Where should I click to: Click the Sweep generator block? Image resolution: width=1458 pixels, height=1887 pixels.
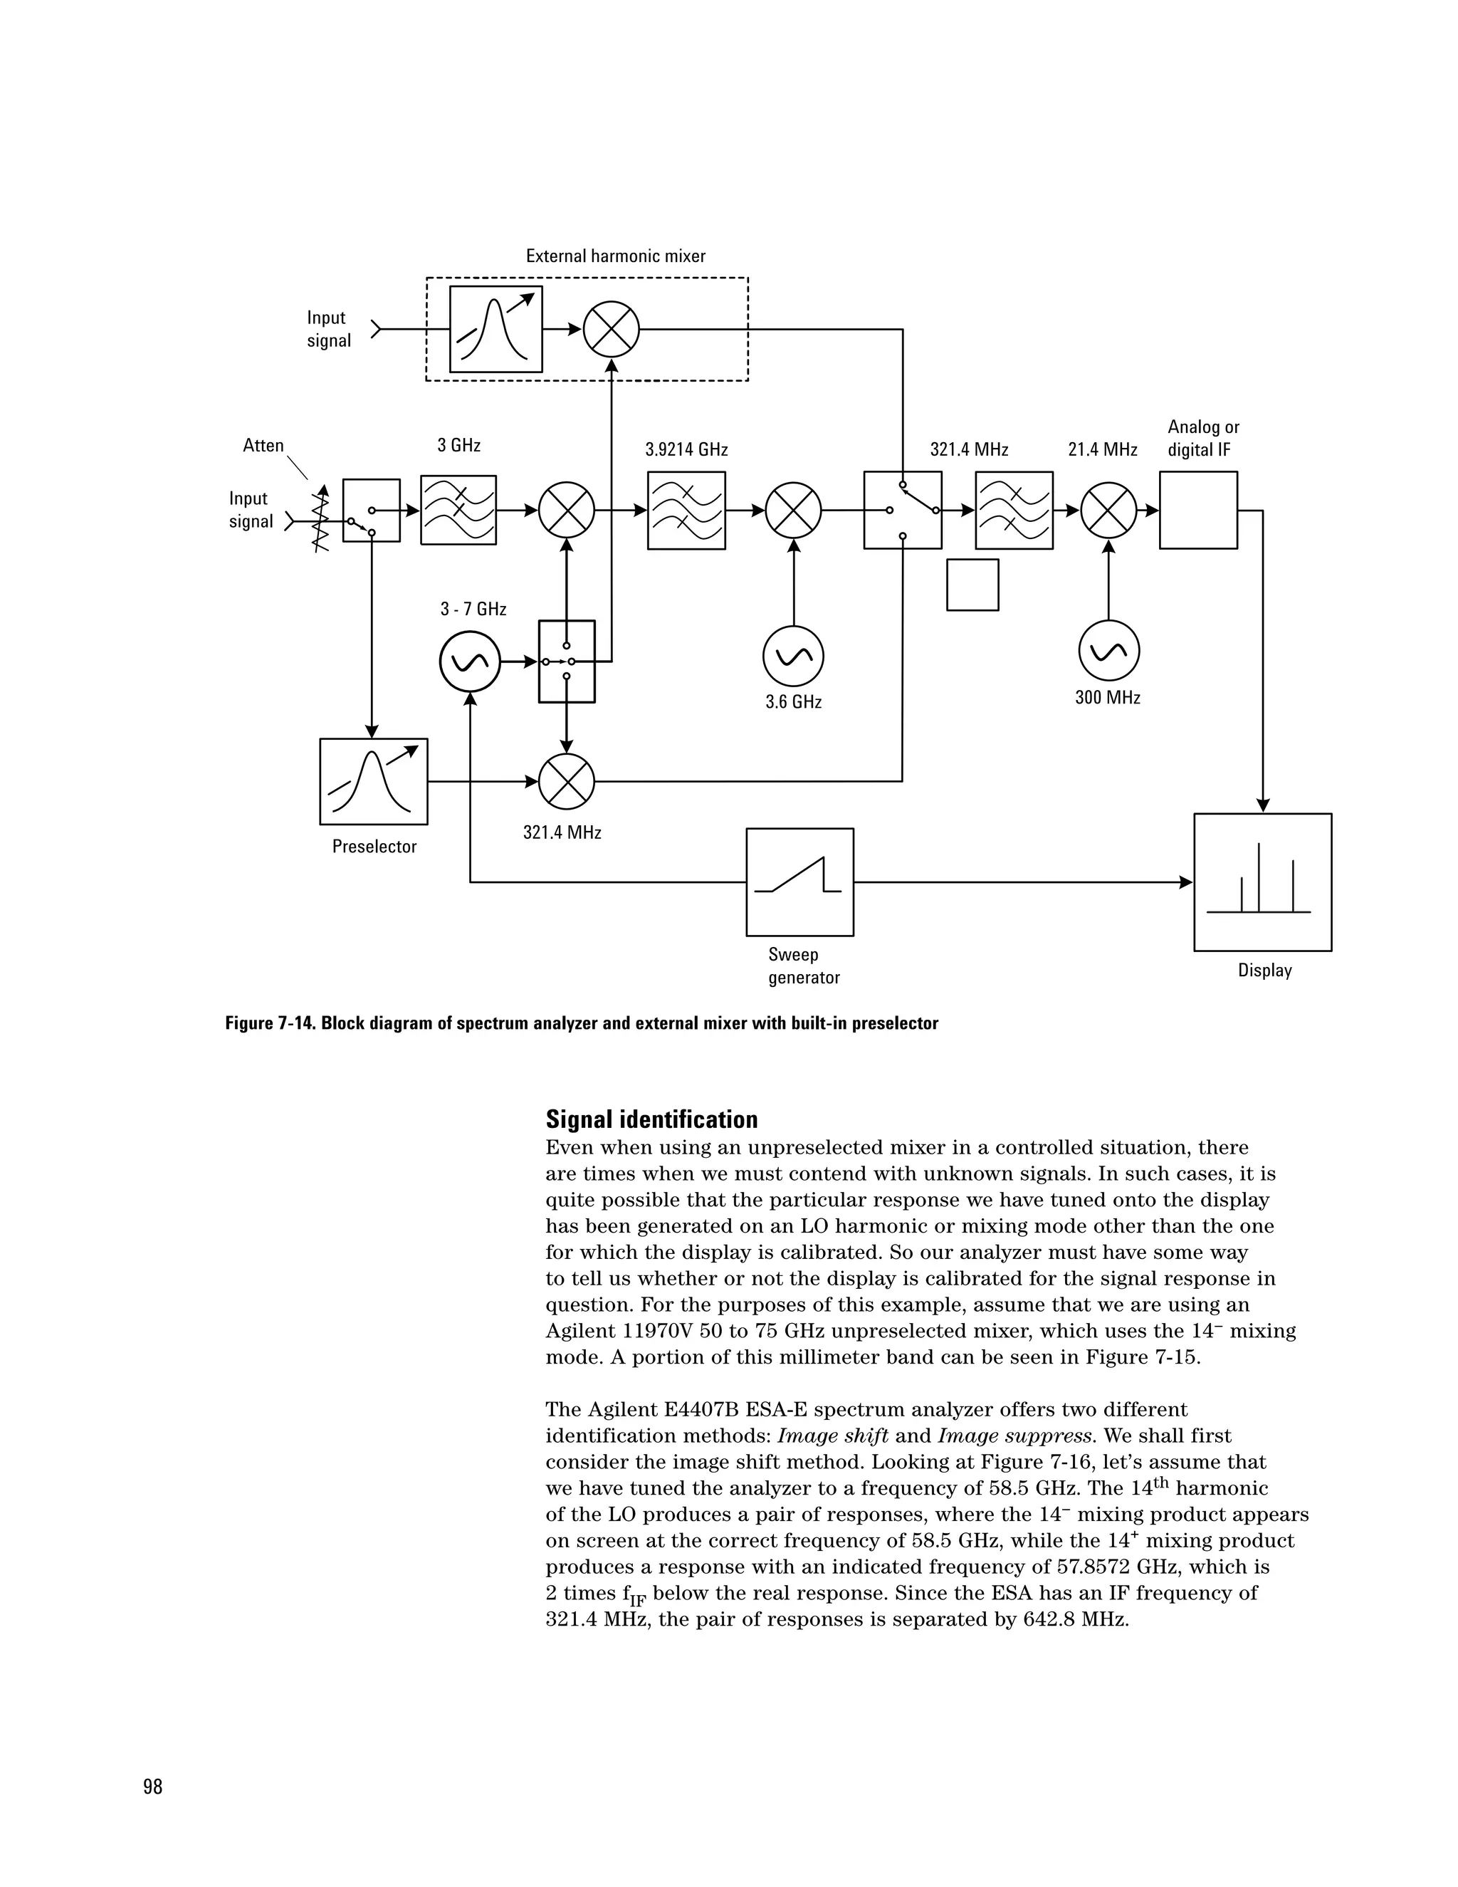799,882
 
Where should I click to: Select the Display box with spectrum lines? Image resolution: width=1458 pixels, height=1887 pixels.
1262,882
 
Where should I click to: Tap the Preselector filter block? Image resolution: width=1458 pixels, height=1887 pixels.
373,781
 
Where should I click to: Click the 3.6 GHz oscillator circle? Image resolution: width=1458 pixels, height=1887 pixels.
793,657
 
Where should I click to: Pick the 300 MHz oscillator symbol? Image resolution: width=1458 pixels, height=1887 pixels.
1109,651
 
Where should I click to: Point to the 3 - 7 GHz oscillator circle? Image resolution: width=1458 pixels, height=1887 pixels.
470,662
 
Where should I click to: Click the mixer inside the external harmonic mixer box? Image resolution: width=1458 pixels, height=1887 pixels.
612,329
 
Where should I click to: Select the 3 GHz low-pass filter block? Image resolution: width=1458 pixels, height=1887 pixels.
458,510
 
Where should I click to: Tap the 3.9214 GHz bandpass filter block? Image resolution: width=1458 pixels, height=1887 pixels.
687,511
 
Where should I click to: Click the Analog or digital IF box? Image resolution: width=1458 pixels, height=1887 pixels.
1198,510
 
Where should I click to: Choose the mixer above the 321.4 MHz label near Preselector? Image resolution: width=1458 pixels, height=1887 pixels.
567,781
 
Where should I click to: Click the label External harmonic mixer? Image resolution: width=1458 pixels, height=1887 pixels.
615,256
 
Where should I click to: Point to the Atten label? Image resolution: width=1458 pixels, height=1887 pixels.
263,446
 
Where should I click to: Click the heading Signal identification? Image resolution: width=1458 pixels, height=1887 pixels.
651,1120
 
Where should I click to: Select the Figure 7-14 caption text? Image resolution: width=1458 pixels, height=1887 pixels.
582,1024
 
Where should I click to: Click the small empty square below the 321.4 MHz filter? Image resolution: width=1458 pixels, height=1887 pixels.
972,585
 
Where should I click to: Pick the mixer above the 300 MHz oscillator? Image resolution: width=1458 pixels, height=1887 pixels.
1109,511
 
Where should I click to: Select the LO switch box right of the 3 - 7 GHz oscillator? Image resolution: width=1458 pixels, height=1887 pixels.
567,662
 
